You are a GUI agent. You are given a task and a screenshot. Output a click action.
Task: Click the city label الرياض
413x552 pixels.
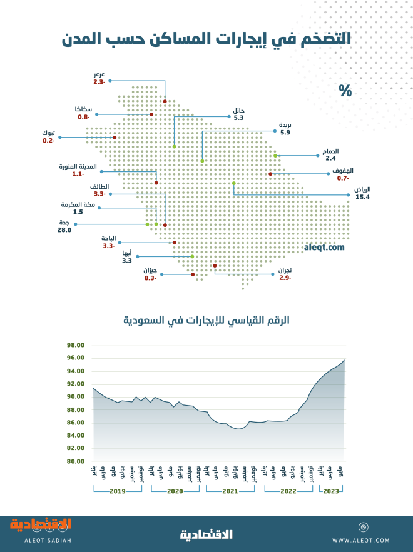tap(362, 189)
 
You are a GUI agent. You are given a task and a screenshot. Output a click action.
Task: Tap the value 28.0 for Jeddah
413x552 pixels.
tap(65, 230)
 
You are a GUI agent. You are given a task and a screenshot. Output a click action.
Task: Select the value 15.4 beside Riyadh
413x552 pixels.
tap(363, 197)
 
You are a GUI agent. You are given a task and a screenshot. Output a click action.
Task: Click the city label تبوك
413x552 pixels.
tap(48, 133)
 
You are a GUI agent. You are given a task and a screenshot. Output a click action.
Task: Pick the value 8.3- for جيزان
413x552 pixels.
tap(150, 278)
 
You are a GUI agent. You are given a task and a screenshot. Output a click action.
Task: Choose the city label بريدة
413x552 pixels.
tap(285, 124)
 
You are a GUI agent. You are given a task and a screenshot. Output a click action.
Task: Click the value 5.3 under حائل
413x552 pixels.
tap(238, 117)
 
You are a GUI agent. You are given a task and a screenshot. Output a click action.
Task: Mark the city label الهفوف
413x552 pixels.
tap(344, 171)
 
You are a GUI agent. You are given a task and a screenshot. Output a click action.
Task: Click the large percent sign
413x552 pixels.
tap(345, 91)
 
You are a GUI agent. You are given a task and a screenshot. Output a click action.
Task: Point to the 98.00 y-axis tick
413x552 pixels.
tap(75, 345)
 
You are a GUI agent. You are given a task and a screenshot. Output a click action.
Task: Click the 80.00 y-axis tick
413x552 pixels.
tap(75, 461)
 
